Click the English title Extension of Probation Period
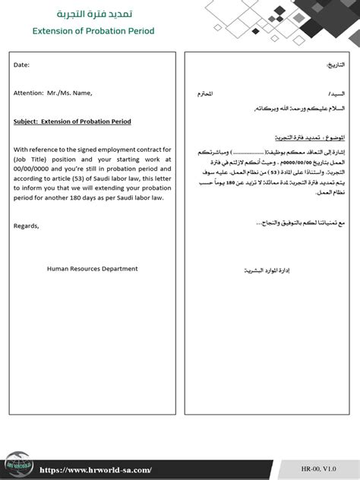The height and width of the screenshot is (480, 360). click(x=93, y=31)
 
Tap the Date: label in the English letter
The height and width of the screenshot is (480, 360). click(x=21, y=65)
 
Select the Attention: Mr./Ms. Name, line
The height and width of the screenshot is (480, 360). click(x=52, y=93)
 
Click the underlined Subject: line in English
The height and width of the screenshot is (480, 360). click(x=72, y=122)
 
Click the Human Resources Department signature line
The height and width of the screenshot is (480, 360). click(x=92, y=268)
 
